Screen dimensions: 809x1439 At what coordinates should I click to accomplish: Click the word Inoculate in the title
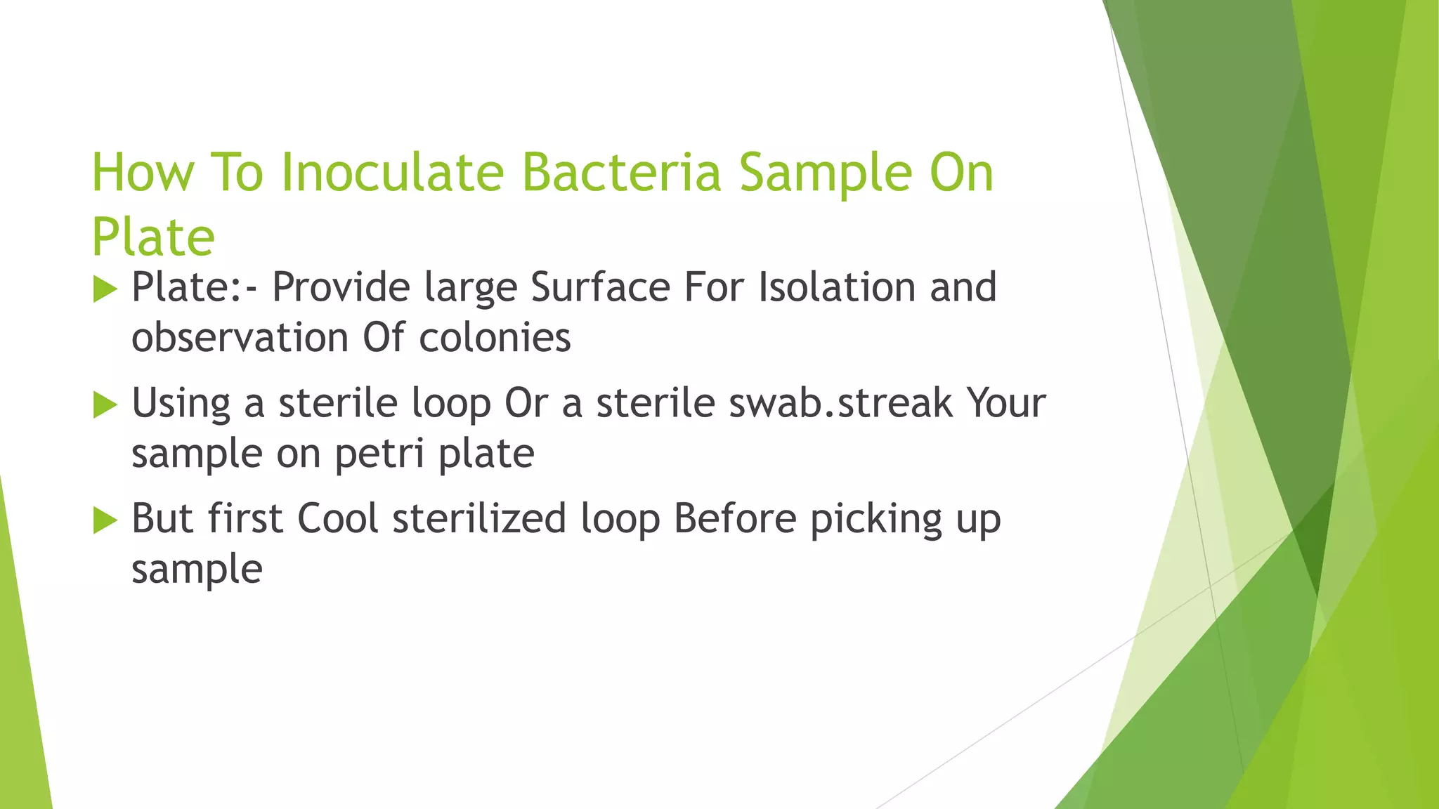pos(392,172)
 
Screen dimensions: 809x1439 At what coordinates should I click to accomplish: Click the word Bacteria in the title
pos(621,172)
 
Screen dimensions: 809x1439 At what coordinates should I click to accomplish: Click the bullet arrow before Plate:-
pos(104,289)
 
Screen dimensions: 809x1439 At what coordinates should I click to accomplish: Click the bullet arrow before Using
pos(104,404)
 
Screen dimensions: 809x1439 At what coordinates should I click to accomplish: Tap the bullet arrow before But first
pos(104,520)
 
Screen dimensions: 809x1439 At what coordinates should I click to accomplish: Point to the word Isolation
pos(836,287)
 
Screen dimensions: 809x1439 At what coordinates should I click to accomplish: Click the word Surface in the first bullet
pos(600,287)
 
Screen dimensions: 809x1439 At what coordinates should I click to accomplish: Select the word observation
pos(240,338)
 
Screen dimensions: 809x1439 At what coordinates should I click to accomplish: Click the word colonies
pos(495,338)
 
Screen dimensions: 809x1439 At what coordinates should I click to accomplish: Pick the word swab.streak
pos(840,403)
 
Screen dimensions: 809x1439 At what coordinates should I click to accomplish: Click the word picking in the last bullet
pos(875,520)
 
